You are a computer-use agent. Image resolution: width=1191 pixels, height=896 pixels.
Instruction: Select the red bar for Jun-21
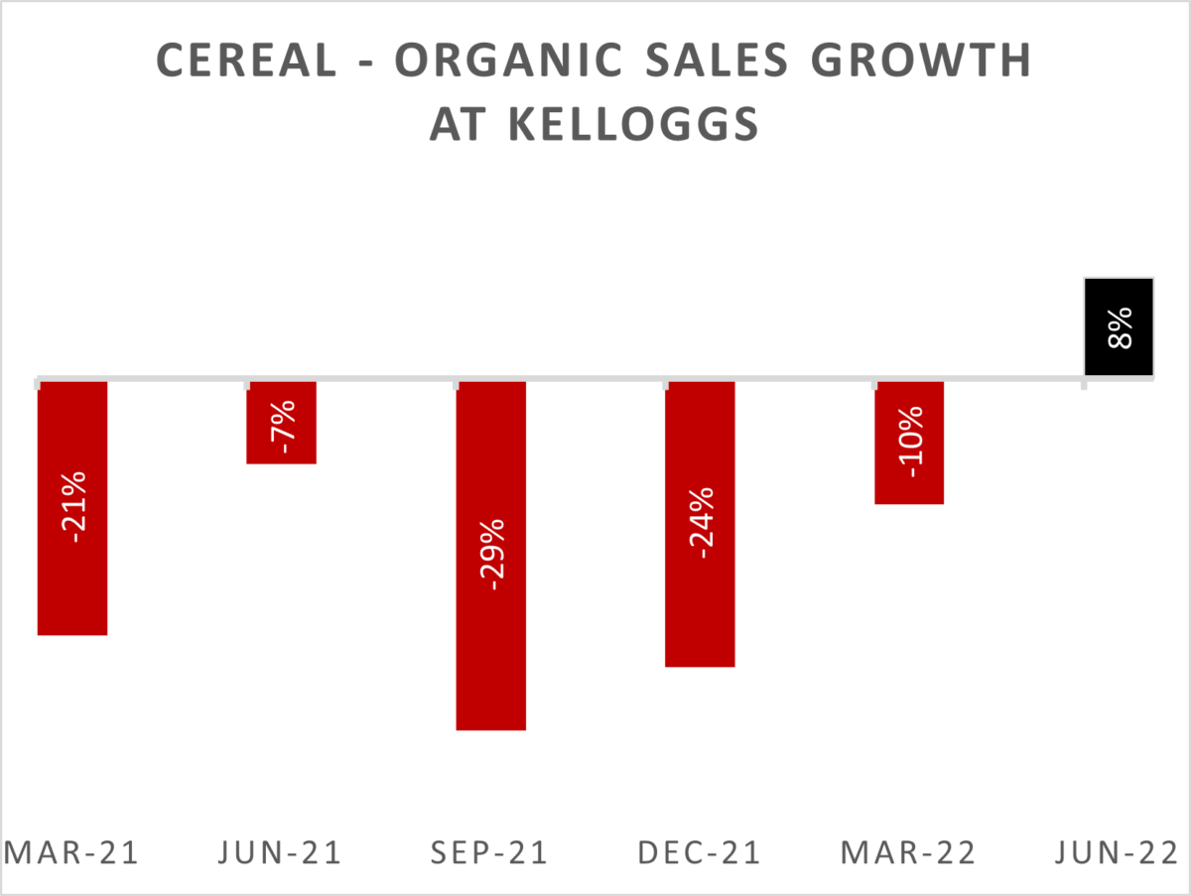(x=281, y=447)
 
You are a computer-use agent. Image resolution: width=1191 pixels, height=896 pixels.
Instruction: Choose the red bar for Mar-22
(x=909, y=476)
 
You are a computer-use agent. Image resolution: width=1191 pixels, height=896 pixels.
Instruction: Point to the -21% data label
(x=72, y=503)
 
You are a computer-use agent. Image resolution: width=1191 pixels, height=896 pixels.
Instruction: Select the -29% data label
(x=491, y=552)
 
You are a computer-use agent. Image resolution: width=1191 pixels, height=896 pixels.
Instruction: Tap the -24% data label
(x=701, y=522)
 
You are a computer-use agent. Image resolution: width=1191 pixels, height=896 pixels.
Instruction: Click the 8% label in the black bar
(x=1119, y=327)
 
